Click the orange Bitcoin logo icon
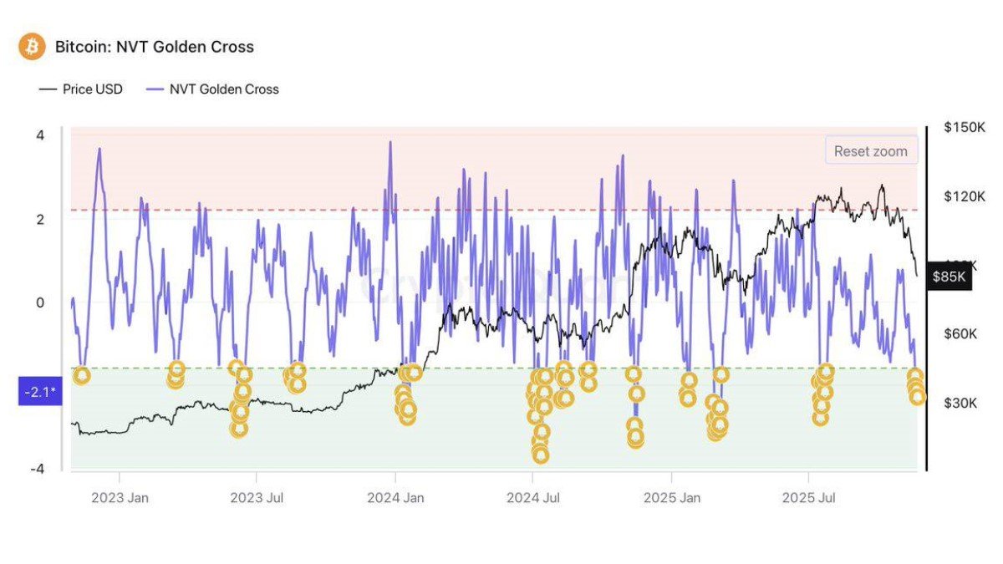click(32, 46)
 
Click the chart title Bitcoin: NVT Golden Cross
click(154, 47)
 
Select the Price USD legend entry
click(81, 89)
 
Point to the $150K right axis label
click(964, 127)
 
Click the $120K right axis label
click(964, 196)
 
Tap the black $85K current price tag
click(949, 277)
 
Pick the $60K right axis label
click(961, 334)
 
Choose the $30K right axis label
click(961, 404)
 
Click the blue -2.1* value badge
click(40, 391)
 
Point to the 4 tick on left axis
click(40, 135)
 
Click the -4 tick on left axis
click(38, 469)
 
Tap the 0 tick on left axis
click(40, 302)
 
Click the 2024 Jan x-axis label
click(395, 498)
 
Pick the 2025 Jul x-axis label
click(809, 498)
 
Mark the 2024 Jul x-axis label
click(532, 498)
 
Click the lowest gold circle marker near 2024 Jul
click(540, 455)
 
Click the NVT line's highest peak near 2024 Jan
click(389, 144)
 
